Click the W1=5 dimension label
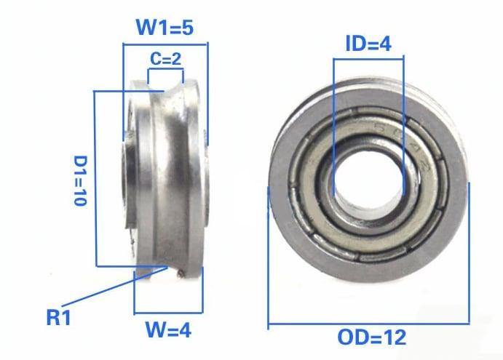(165, 28)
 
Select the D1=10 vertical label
(81, 180)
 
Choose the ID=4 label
(368, 43)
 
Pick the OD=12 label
(371, 338)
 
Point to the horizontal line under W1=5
(165, 44)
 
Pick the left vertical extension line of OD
(269, 255)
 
